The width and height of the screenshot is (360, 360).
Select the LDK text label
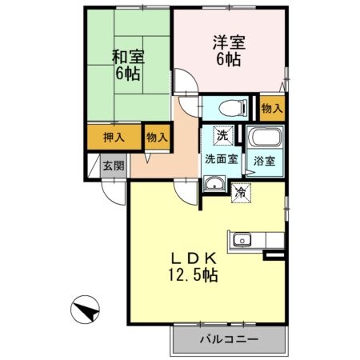pos(190,258)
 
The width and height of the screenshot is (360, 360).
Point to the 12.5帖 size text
pos(192,276)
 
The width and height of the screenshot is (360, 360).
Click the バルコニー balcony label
pos(228,340)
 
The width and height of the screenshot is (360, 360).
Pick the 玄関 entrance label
pos(113,166)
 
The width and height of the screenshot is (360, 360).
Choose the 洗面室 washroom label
pos(221,158)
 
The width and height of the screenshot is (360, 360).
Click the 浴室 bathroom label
pos(264,160)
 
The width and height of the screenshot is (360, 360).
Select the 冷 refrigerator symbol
pos(240,191)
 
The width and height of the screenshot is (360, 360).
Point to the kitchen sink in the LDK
pos(241,240)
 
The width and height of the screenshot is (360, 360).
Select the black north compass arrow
pos(86,308)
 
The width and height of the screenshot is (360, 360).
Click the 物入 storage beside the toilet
pos(271,107)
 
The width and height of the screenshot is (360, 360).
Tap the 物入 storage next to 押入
pos(156,137)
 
